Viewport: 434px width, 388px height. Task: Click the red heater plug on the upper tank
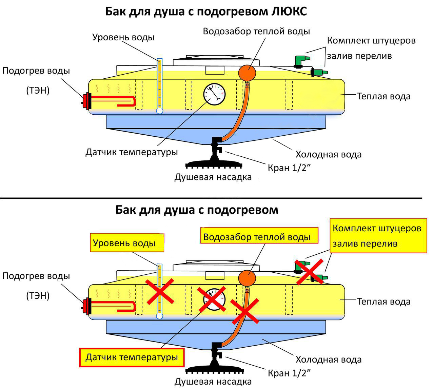pos(87,100)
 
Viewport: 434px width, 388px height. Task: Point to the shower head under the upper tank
pos(214,164)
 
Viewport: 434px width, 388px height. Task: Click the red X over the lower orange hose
pos(244,311)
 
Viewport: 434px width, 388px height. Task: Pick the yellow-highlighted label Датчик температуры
pos(132,357)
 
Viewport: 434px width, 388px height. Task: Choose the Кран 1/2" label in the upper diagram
pos(289,168)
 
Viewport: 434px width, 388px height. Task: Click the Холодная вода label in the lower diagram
pos(329,360)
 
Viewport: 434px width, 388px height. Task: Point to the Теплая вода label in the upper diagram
pos(383,96)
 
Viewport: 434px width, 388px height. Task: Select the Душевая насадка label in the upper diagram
pos(213,177)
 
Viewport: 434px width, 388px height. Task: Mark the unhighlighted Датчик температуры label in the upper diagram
pos(132,152)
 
